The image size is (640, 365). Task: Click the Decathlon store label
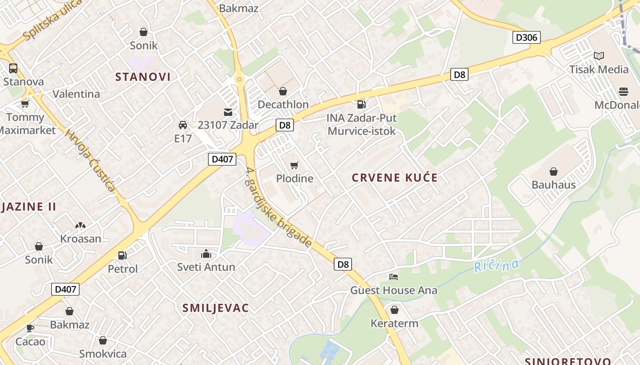[x=283, y=104]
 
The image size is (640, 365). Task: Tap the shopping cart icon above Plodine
[x=294, y=165]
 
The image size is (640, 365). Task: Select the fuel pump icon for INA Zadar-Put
[x=361, y=104]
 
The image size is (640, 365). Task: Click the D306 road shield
[x=526, y=37]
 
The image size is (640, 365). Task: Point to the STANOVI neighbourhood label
[x=143, y=77]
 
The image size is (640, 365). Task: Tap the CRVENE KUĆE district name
[x=395, y=177]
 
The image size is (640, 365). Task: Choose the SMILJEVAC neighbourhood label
[x=215, y=308]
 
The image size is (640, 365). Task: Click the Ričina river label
[x=496, y=265]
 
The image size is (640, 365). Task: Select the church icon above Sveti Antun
[x=206, y=254]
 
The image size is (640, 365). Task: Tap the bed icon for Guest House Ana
[x=394, y=276]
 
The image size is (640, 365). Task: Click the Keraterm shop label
[x=394, y=323]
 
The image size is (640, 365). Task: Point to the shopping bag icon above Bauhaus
[x=553, y=172]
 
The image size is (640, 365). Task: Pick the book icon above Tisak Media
[x=598, y=56]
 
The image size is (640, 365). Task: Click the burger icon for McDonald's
[x=624, y=92]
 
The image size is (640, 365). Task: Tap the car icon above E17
[x=182, y=125]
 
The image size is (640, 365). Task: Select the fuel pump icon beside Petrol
[x=122, y=255]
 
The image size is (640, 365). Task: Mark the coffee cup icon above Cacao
[x=30, y=328]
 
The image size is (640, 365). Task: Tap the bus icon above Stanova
[x=13, y=68]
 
